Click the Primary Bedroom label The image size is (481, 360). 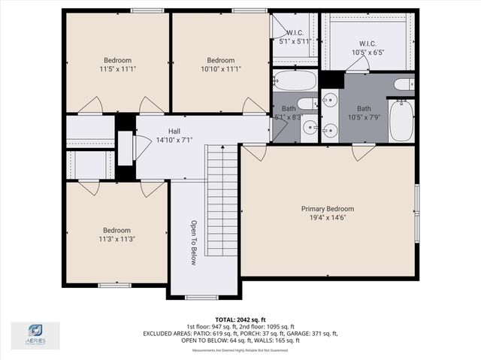click(327, 213)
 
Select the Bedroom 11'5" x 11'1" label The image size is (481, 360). click(117, 65)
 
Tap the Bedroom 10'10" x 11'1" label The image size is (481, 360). click(221, 65)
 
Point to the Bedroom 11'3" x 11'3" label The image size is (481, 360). click(116, 234)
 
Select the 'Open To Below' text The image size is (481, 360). click(193, 242)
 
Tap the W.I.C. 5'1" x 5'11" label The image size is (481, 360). click(294, 38)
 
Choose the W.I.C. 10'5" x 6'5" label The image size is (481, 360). click(368, 48)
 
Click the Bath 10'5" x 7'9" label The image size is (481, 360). click(364, 113)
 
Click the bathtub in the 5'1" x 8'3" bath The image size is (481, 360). click(294, 80)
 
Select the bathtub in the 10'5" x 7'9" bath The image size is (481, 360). click(401, 120)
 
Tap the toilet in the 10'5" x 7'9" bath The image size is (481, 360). click(403, 84)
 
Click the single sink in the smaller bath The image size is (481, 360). click(310, 128)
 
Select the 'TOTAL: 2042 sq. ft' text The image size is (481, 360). click(240, 319)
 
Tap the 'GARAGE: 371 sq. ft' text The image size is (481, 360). click(311, 334)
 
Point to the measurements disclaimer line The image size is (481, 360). click(240, 350)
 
